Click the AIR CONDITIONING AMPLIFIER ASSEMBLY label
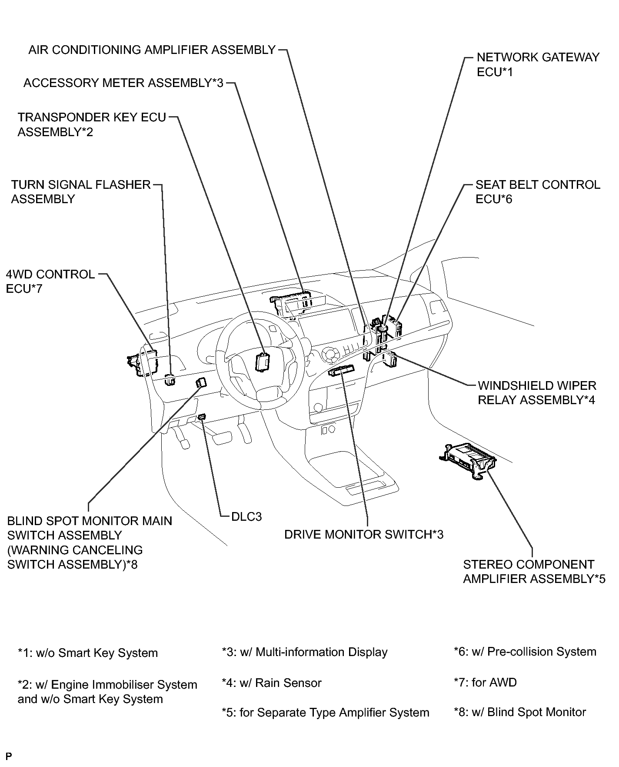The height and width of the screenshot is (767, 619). (152, 50)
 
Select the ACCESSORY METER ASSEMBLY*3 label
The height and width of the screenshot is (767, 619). (123, 83)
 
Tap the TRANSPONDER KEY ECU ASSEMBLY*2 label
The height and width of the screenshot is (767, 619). (92, 124)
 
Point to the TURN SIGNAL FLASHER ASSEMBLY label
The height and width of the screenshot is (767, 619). (81, 192)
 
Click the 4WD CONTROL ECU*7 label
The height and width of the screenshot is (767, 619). (50, 281)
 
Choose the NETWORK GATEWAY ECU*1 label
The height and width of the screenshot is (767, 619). (538, 64)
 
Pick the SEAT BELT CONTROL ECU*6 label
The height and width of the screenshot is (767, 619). (538, 192)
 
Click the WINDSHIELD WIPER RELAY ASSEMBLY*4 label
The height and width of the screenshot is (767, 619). (537, 393)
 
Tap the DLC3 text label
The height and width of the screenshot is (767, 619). (246, 517)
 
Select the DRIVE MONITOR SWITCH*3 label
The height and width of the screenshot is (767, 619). (364, 534)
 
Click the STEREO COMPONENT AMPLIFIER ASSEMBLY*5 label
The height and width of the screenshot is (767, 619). (534, 572)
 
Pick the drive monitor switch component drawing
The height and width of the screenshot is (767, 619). (342, 371)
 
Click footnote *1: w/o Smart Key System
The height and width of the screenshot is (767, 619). (87, 653)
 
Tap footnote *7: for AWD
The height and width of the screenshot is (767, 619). (485, 682)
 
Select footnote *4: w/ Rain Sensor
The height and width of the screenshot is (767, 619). (271, 683)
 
